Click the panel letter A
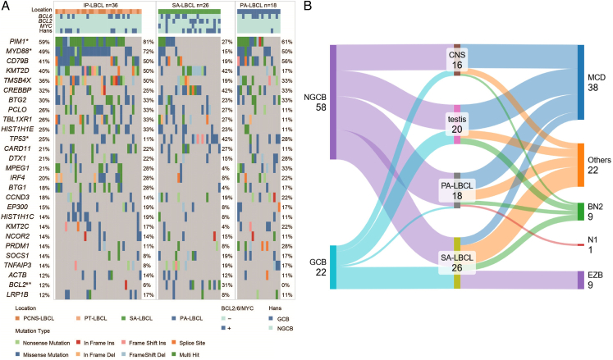pos(5,7)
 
